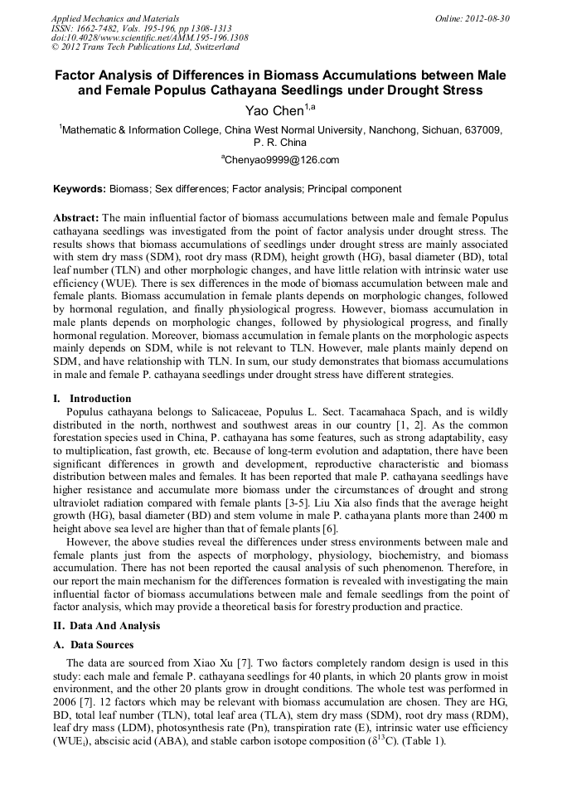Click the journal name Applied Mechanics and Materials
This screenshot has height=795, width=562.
point(115,18)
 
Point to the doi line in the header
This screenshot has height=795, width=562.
point(149,37)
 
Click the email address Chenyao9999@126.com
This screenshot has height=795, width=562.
point(283,160)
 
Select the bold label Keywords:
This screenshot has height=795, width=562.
point(80,189)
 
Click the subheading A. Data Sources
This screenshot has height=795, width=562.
point(94,645)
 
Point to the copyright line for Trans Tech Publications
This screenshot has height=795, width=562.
point(145,47)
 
